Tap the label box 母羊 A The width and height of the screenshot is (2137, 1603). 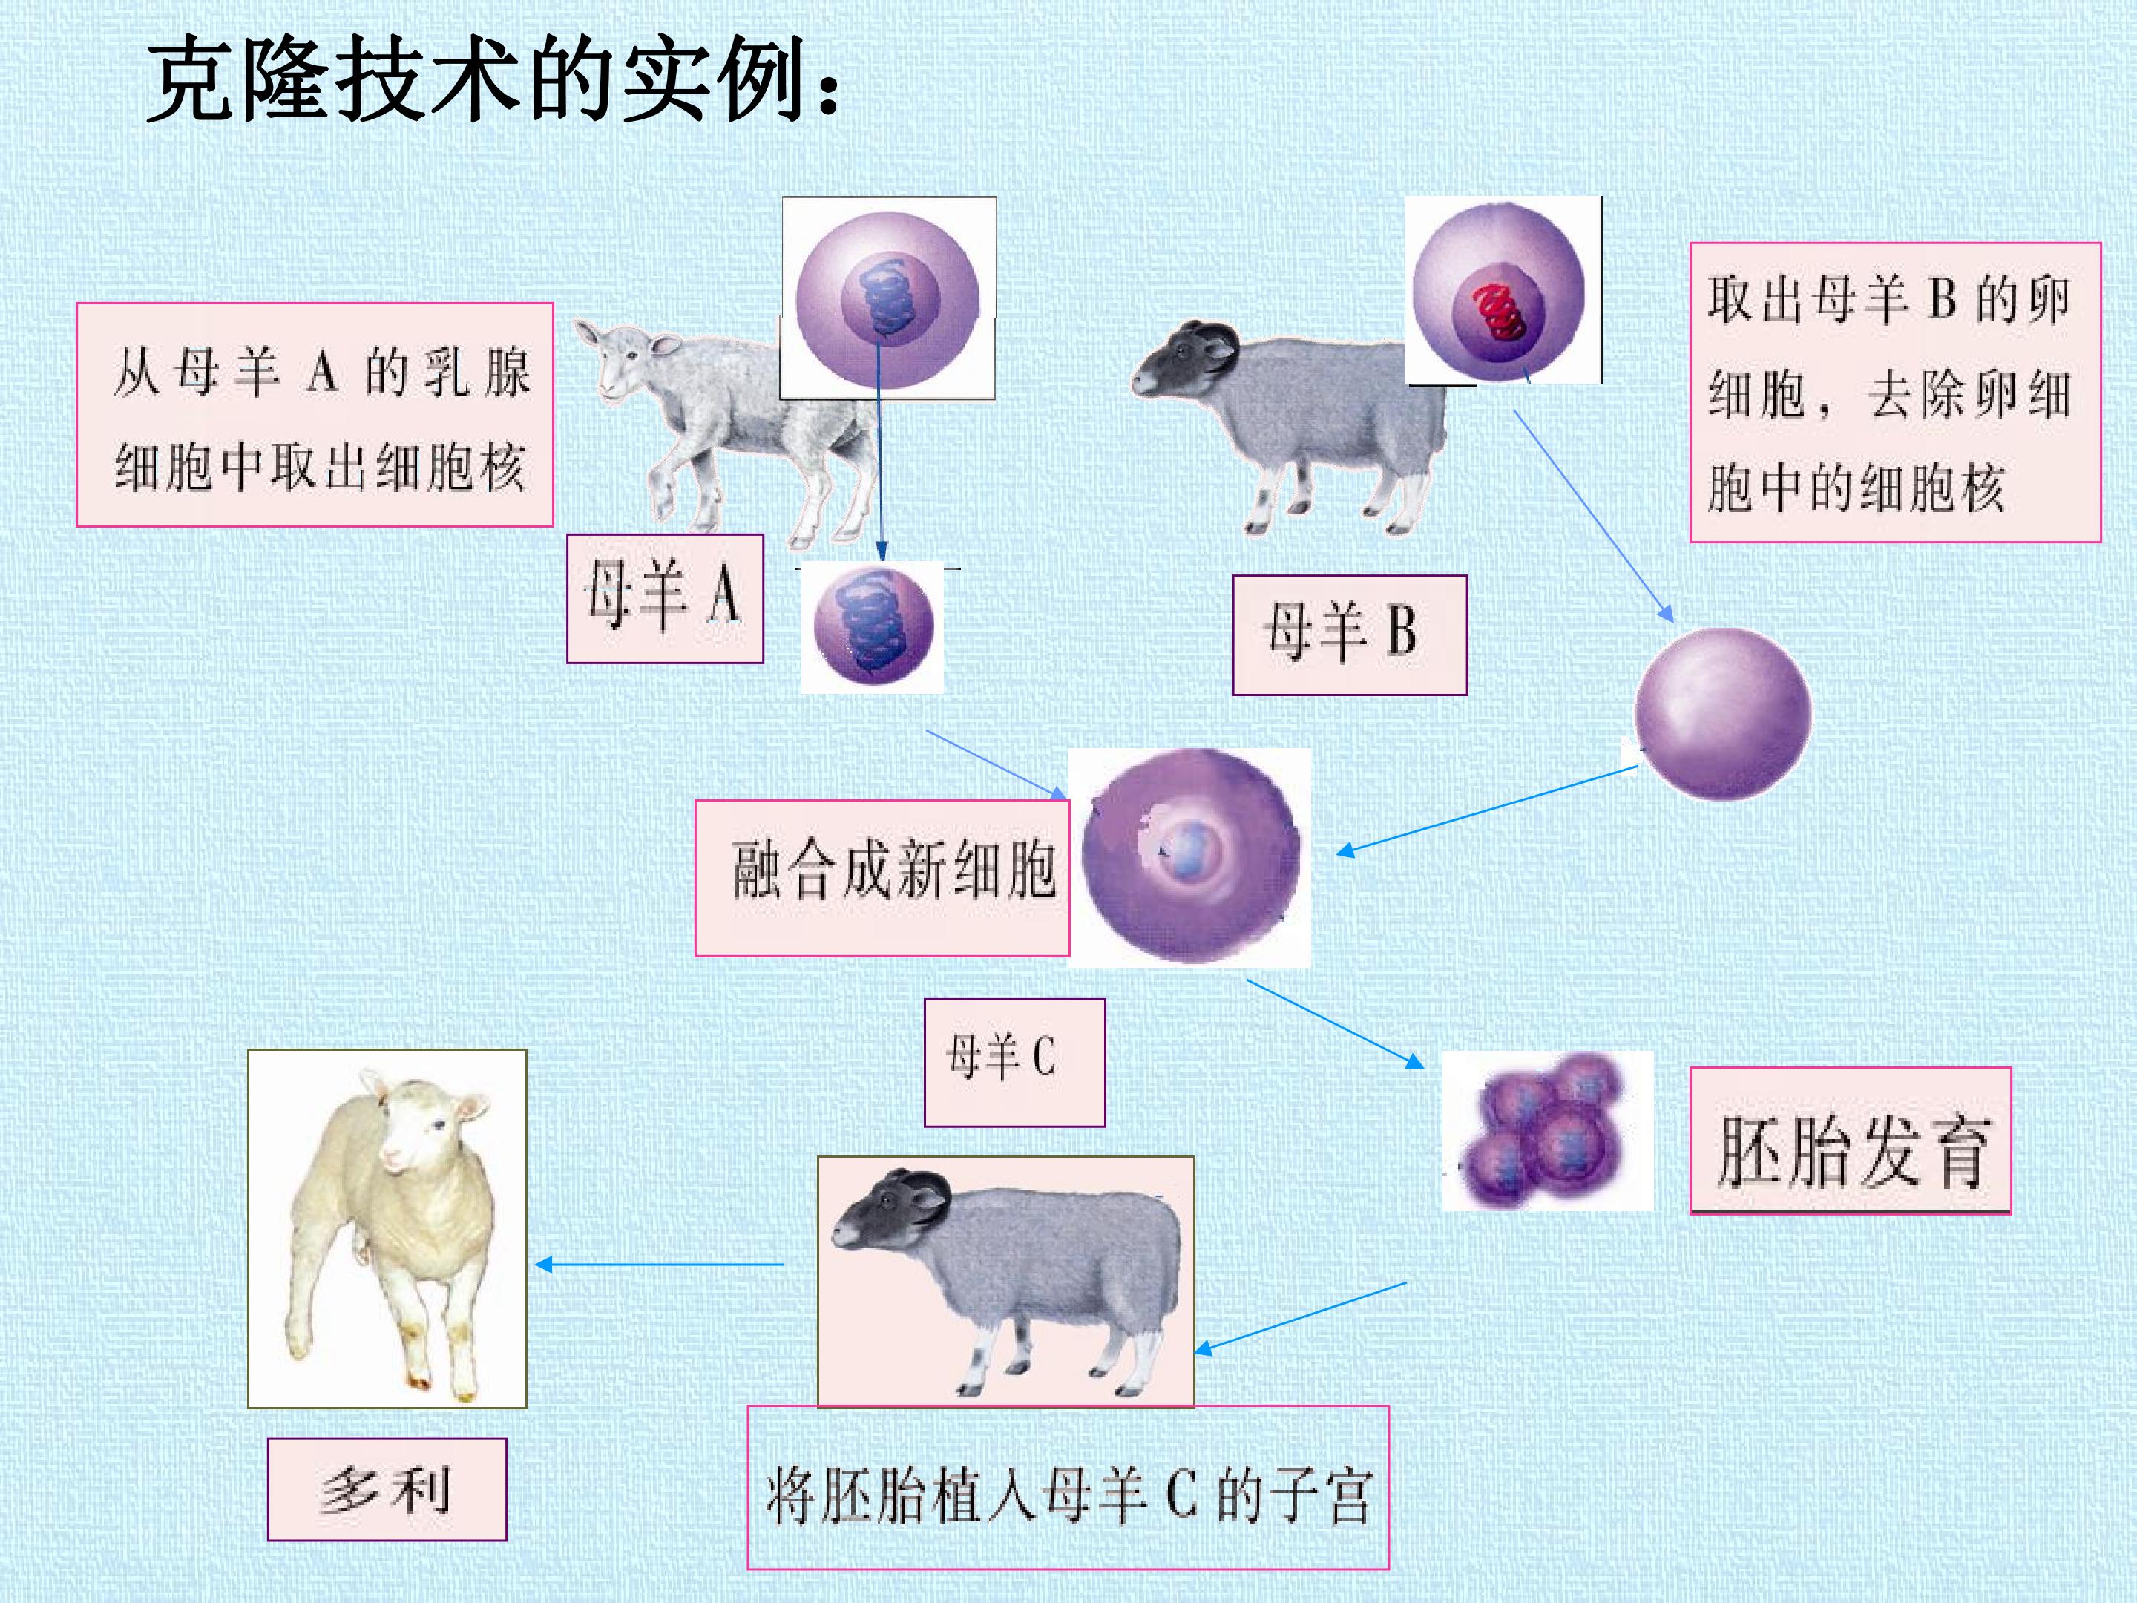[665, 598]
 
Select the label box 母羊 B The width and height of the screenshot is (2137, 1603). [1350, 635]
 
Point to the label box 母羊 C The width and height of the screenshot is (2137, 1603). [1014, 1062]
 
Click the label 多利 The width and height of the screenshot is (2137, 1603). [387, 1489]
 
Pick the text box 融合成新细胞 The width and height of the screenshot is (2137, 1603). [882, 877]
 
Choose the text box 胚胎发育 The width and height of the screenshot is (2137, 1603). [1850, 1140]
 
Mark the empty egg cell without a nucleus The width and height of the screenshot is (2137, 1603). [1722, 713]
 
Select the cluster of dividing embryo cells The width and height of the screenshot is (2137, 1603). [1542, 1130]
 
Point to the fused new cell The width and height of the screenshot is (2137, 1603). [1190, 855]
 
